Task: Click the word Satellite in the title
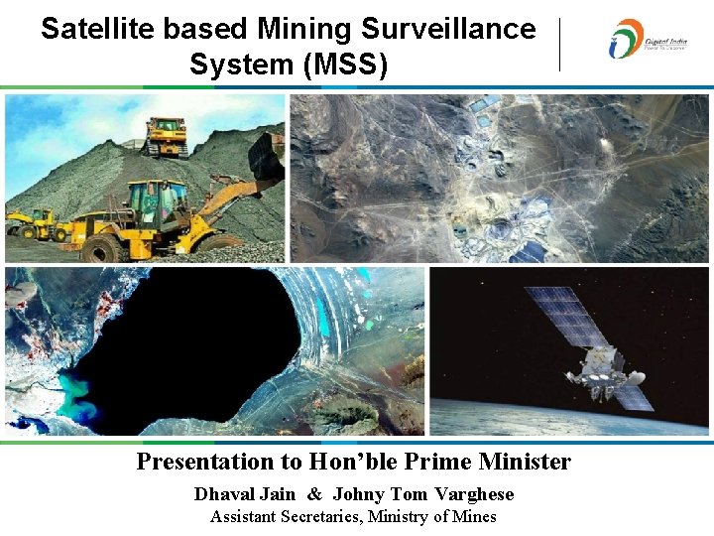pos(94,29)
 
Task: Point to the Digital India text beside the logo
pos(665,42)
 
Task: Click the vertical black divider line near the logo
pos(560,45)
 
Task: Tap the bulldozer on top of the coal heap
pos(165,135)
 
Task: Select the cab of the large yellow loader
pos(157,201)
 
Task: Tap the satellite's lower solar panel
pos(630,395)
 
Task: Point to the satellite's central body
pos(598,364)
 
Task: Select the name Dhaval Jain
pos(244,494)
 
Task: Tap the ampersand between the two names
pos(314,494)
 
